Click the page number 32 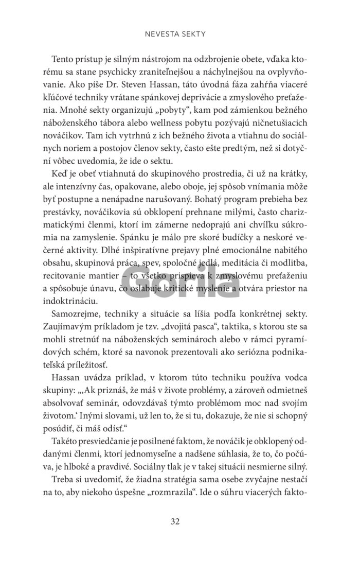click(x=175, y=521)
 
